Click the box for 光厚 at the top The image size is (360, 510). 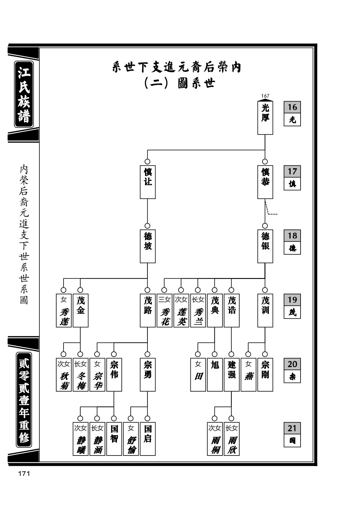pos(265,118)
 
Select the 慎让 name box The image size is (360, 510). pos(148,182)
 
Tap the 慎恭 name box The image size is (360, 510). pos(265,182)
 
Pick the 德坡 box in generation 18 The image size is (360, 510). pos(148,246)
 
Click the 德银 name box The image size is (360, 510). pos(265,246)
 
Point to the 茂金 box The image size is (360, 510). pos(81,310)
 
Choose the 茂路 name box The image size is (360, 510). pos(148,310)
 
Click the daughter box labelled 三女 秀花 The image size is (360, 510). pos(165,310)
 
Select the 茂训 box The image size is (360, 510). pos(265,310)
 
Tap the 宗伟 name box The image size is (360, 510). pos(114,375)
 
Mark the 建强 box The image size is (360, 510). pos(232,375)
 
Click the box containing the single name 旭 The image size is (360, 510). pos(215,375)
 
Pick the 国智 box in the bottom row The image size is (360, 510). pos(114,439)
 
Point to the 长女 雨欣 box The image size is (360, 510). pos(232,439)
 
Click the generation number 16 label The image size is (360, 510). pos(292,107)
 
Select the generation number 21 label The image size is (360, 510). pos(292,428)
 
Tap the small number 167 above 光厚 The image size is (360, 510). pos(265,96)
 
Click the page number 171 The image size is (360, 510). pos(24,474)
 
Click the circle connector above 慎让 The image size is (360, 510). pos(147,162)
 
